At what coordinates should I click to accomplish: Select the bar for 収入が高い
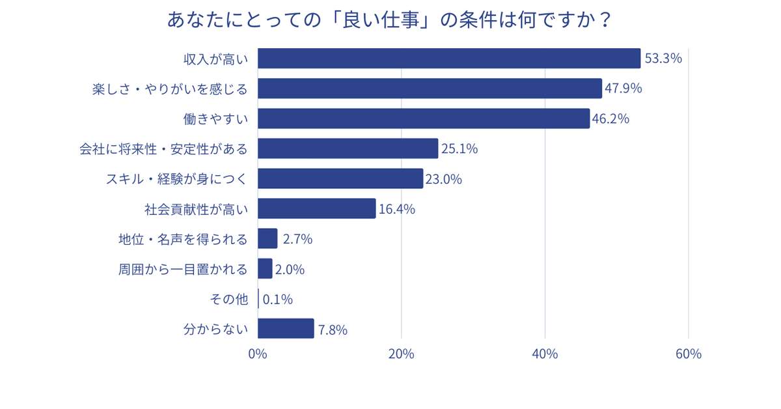(449, 59)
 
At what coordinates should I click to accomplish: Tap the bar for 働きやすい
(424, 119)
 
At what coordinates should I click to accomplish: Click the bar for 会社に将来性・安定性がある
(348, 148)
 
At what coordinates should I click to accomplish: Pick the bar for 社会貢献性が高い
(316, 208)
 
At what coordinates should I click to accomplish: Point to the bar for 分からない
(286, 328)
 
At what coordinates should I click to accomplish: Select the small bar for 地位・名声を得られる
(267, 238)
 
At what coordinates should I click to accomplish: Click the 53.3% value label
(663, 59)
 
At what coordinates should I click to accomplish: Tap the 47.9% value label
(623, 89)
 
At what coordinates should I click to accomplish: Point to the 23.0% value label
(443, 178)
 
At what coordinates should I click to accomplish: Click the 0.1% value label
(277, 300)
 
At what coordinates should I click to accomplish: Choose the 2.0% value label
(290, 269)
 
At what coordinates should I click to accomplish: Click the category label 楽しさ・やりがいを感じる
(170, 89)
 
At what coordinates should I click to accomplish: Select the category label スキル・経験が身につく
(176, 178)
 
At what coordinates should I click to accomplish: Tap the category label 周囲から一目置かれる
(183, 269)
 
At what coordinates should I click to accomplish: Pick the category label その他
(228, 300)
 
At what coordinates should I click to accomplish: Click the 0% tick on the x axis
(258, 354)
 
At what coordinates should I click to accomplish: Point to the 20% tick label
(402, 354)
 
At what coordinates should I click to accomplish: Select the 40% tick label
(545, 354)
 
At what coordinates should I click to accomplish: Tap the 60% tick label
(688, 354)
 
